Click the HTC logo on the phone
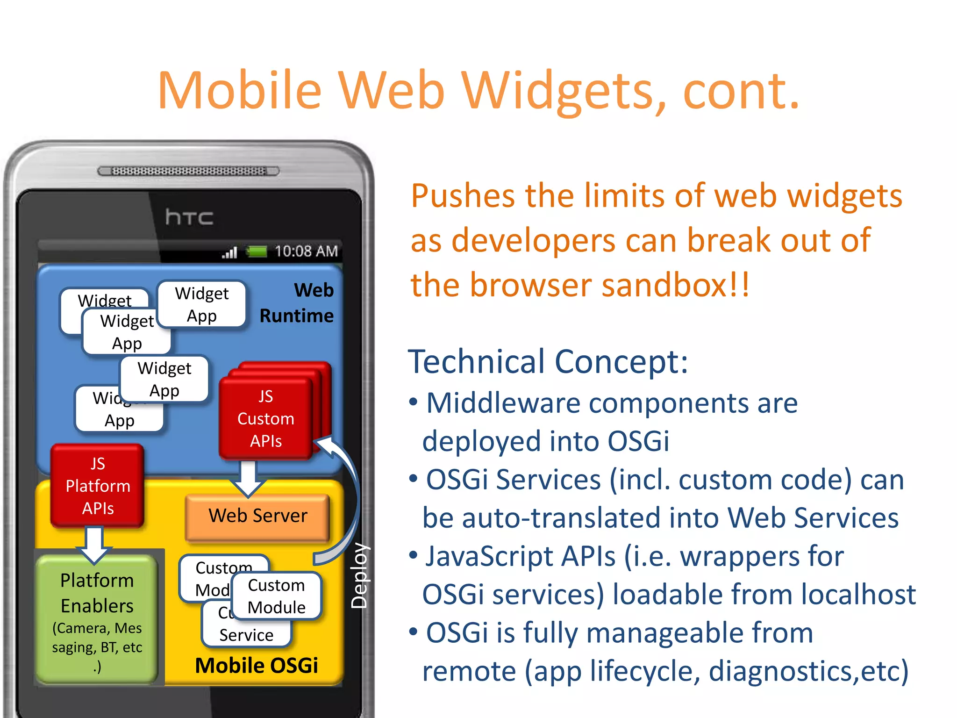pyautogui.click(x=189, y=217)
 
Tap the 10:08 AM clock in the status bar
pyautogui.click(x=306, y=251)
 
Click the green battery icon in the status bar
pyautogui.click(x=257, y=252)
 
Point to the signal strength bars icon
pyautogui.click(x=230, y=253)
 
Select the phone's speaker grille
pyautogui.click(x=188, y=171)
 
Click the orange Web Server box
pyautogui.click(x=257, y=516)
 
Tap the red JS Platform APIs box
pyautogui.click(x=98, y=486)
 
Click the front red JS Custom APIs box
pyautogui.click(x=265, y=419)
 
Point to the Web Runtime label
pyautogui.click(x=297, y=303)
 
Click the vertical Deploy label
pyautogui.click(x=359, y=576)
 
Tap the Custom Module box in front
pyautogui.click(x=276, y=596)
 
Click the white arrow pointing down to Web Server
pyautogui.click(x=248, y=479)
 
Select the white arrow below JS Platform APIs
pyautogui.click(x=94, y=545)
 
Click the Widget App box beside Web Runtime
pyautogui.click(x=202, y=304)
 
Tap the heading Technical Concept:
pyautogui.click(x=548, y=361)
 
